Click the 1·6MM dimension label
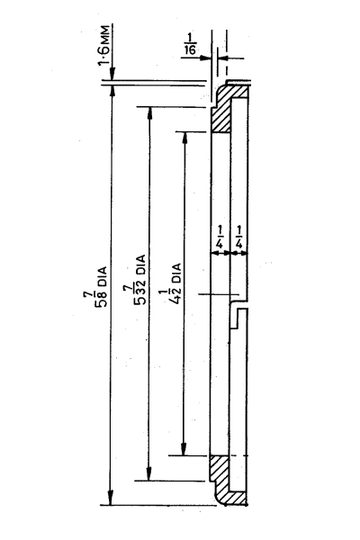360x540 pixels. [104, 44]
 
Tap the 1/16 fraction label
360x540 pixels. [190, 44]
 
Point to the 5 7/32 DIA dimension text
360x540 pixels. [138, 280]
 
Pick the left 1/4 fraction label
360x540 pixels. [220, 237]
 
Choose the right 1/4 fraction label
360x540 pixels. [239, 237]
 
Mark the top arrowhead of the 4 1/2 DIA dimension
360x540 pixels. [185, 137]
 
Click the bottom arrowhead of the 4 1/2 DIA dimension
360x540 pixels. [184, 449]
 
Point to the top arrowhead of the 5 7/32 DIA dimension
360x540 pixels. [150, 112]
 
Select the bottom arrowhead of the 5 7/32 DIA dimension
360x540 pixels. [148, 474]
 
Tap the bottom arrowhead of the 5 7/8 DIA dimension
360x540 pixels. [110, 499]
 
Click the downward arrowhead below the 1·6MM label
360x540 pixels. [112, 74]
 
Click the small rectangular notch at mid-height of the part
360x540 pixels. [238, 319]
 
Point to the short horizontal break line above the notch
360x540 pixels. [219, 294]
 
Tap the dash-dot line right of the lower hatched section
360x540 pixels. [238, 455]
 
